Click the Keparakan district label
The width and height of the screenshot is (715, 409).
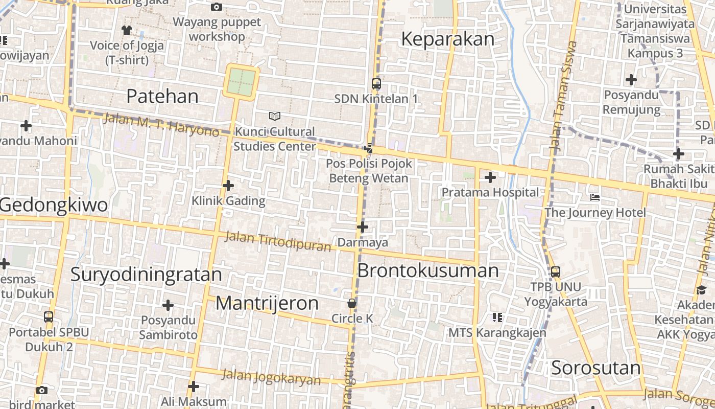click(447, 39)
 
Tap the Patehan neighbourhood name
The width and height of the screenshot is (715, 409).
click(162, 96)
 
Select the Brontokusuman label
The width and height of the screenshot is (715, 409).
click(427, 270)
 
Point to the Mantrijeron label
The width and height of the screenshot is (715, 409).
click(267, 303)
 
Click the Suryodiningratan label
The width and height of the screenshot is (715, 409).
click(146, 275)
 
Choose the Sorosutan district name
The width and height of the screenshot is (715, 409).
click(595, 368)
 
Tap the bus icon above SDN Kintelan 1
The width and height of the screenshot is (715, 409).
click(376, 84)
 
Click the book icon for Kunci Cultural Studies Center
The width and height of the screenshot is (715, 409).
click(275, 116)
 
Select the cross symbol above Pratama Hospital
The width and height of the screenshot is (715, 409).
click(490, 178)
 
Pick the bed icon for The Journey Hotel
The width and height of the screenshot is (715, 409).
click(594, 197)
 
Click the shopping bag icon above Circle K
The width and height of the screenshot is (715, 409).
click(352, 303)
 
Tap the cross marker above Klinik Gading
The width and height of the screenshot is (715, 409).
click(228, 186)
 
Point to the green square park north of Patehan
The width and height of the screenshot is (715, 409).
click(241, 81)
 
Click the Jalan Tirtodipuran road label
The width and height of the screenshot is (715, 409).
click(278, 241)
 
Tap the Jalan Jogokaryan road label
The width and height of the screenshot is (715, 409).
click(271, 377)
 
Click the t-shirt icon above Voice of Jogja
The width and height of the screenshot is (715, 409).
click(127, 30)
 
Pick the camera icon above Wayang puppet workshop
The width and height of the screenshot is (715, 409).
click(217, 7)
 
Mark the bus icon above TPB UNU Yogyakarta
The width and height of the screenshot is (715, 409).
click(556, 272)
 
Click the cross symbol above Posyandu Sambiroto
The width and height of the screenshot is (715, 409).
click(168, 306)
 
